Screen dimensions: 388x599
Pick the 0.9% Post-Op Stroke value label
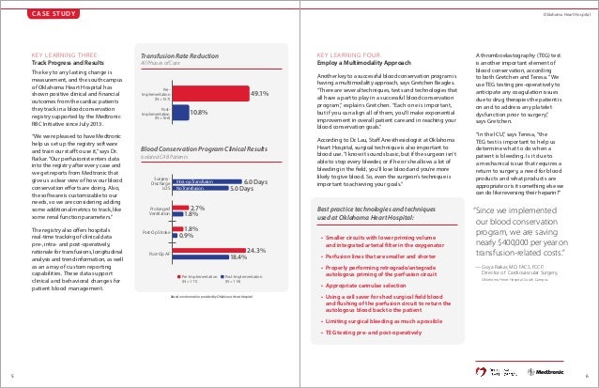(187, 236)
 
